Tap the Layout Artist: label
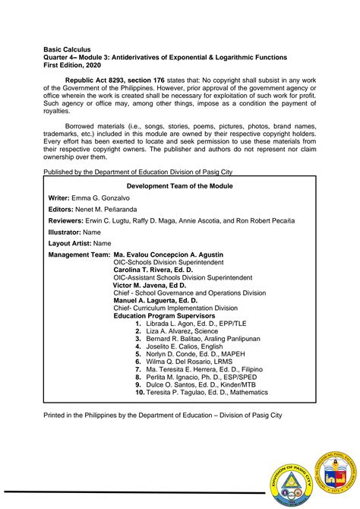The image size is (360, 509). coord(72,243)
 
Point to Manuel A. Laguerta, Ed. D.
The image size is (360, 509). coord(156,301)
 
